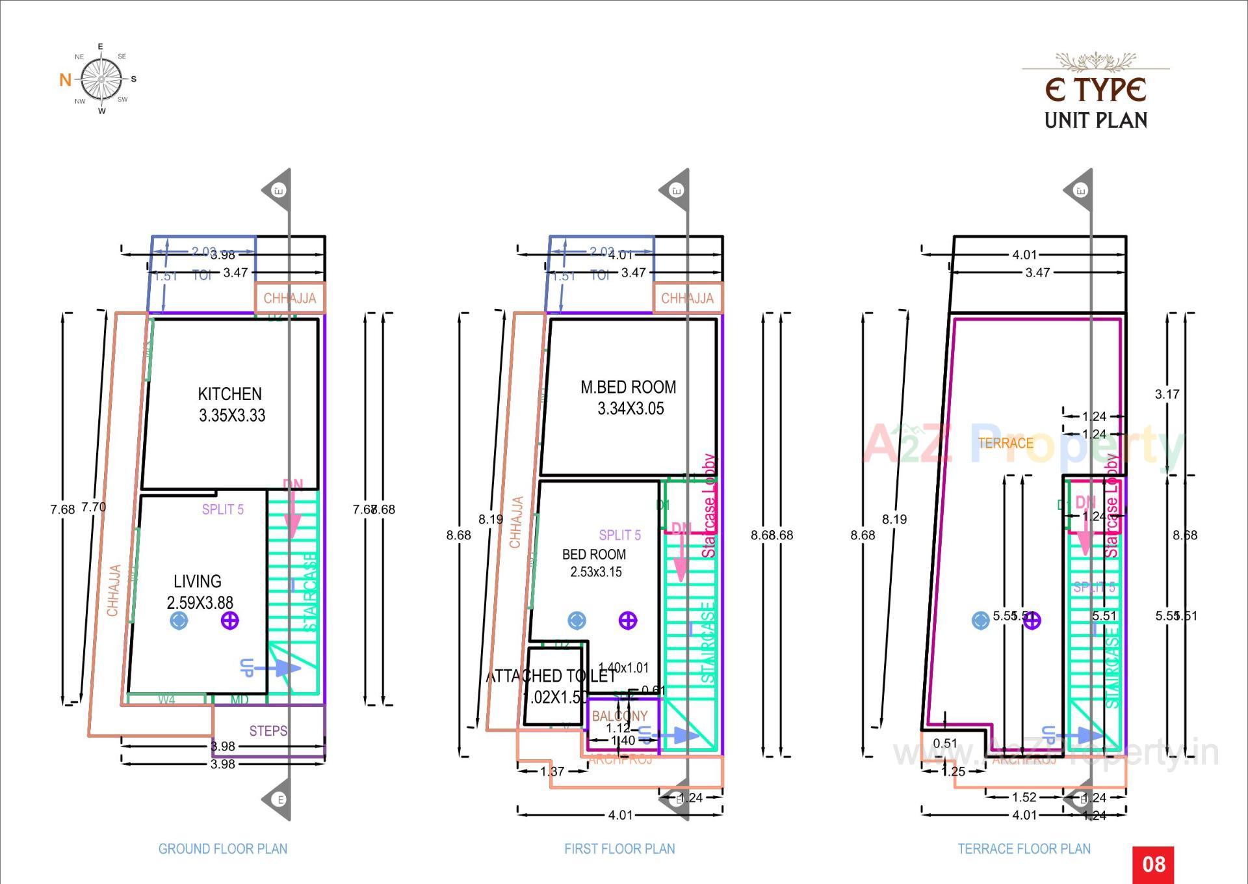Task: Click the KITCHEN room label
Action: [x=230, y=394]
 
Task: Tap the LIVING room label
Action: [x=197, y=582]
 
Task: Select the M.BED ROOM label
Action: [x=628, y=388]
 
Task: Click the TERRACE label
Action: [x=1006, y=444]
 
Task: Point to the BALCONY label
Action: [x=619, y=716]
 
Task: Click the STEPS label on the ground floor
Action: [x=268, y=731]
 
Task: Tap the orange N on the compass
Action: [x=65, y=80]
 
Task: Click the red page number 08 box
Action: [x=1153, y=864]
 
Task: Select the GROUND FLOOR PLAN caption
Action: [x=223, y=849]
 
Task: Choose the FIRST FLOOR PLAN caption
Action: [x=619, y=849]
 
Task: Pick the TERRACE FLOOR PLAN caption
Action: [x=1024, y=849]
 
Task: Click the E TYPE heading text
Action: [x=1095, y=90]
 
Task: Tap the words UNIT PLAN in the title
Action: [x=1096, y=120]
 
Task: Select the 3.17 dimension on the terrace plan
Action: [x=1167, y=394]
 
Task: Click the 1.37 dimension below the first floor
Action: [x=552, y=771]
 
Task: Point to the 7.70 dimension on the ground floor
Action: [x=94, y=507]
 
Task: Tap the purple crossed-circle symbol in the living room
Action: [x=230, y=621]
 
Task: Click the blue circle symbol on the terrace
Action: [x=980, y=621]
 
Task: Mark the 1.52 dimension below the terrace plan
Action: [x=1024, y=797]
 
